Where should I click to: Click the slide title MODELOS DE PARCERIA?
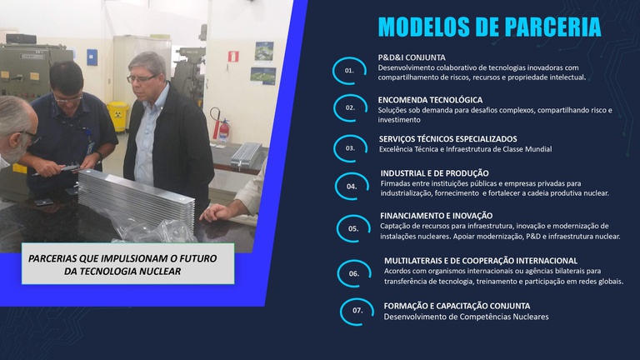(489, 27)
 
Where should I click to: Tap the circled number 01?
(349, 71)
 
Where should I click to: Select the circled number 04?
(352, 187)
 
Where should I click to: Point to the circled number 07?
(357, 311)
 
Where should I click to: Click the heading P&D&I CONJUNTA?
(412, 57)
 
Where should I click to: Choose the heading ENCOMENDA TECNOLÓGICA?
(430, 100)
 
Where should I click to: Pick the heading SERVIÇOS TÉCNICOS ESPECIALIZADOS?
(447, 139)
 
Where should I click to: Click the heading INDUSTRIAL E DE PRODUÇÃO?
(435, 173)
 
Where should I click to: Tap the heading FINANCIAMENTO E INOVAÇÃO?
(437, 216)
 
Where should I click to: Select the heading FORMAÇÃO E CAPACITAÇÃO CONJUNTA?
(457, 306)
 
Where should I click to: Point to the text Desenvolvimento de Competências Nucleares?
(466, 317)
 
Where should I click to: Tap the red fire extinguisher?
(223, 129)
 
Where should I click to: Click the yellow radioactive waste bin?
(118, 117)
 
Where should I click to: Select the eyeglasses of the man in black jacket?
(141, 79)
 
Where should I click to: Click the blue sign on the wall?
(92, 57)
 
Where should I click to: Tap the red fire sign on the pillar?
(233, 57)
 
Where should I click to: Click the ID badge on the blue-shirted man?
(90, 147)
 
